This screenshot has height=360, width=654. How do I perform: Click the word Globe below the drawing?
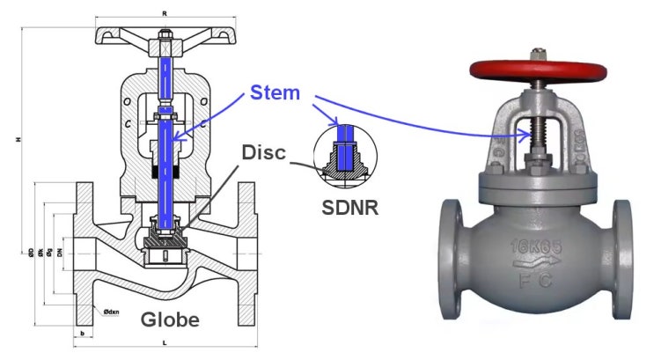[171, 320]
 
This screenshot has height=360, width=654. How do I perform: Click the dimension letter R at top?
[165, 13]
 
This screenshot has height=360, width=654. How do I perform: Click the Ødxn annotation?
[112, 312]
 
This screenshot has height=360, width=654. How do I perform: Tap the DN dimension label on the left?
[60, 253]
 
